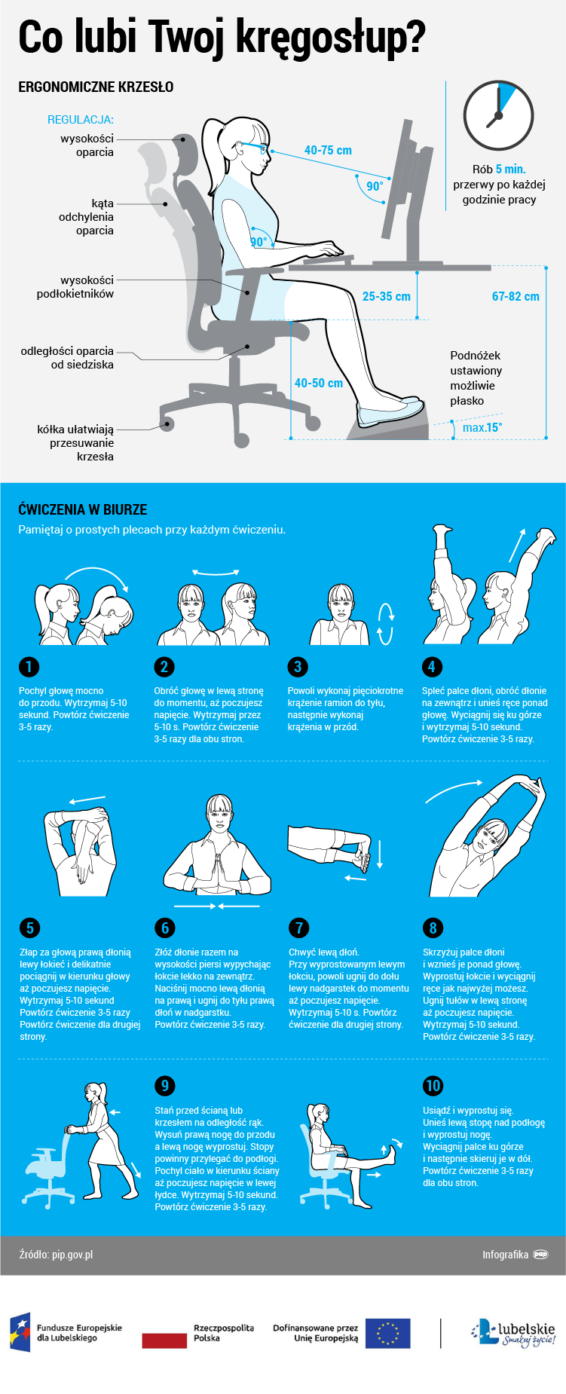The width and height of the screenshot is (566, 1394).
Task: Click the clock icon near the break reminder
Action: (498, 116)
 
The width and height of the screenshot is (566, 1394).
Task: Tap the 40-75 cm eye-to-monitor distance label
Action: (328, 150)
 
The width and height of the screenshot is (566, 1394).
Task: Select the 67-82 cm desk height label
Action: (516, 296)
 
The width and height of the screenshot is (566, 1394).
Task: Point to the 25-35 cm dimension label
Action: (386, 296)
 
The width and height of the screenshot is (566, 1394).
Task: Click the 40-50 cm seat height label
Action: (318, 383)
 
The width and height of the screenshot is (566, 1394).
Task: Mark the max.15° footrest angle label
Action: (482, 427)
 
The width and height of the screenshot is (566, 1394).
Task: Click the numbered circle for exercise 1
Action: (29, 666)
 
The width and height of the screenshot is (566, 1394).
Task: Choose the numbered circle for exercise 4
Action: (431, 666)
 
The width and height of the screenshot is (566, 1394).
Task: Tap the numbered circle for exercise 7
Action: (298, 928)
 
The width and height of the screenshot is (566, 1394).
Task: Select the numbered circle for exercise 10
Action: (433, 1085)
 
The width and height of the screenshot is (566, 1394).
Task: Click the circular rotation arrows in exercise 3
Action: (385, 624)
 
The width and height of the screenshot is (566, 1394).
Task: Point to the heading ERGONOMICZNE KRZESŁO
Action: (96, 87)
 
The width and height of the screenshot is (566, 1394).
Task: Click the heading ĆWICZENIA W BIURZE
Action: (83, 509)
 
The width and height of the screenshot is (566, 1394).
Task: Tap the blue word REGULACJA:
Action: (81, 119)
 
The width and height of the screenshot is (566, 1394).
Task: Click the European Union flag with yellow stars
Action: (387, 1333)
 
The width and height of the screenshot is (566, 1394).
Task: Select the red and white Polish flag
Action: (164, 1333)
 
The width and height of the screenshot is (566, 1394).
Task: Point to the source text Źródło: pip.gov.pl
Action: (56, 1255)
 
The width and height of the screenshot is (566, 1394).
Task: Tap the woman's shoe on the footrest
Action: (390, 410)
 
